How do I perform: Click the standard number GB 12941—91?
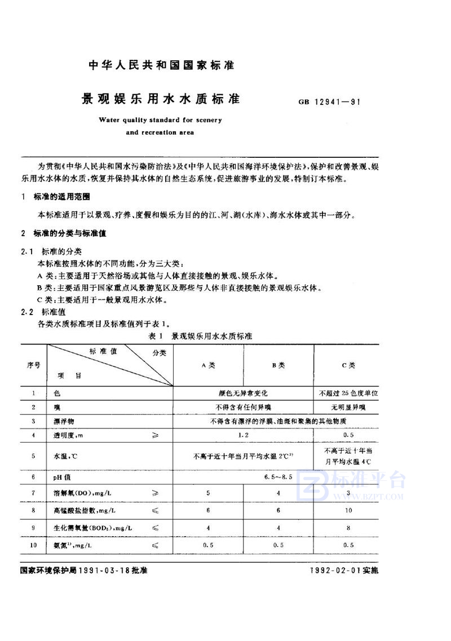[330, 103]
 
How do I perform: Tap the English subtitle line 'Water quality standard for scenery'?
[160, 120]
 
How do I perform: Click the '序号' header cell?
[33, 365]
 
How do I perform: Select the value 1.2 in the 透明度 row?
[243, 435]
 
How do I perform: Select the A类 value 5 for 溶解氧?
[208, 493]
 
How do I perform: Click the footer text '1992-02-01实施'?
[346, 571]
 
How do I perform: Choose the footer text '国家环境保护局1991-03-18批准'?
[83, 571]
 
